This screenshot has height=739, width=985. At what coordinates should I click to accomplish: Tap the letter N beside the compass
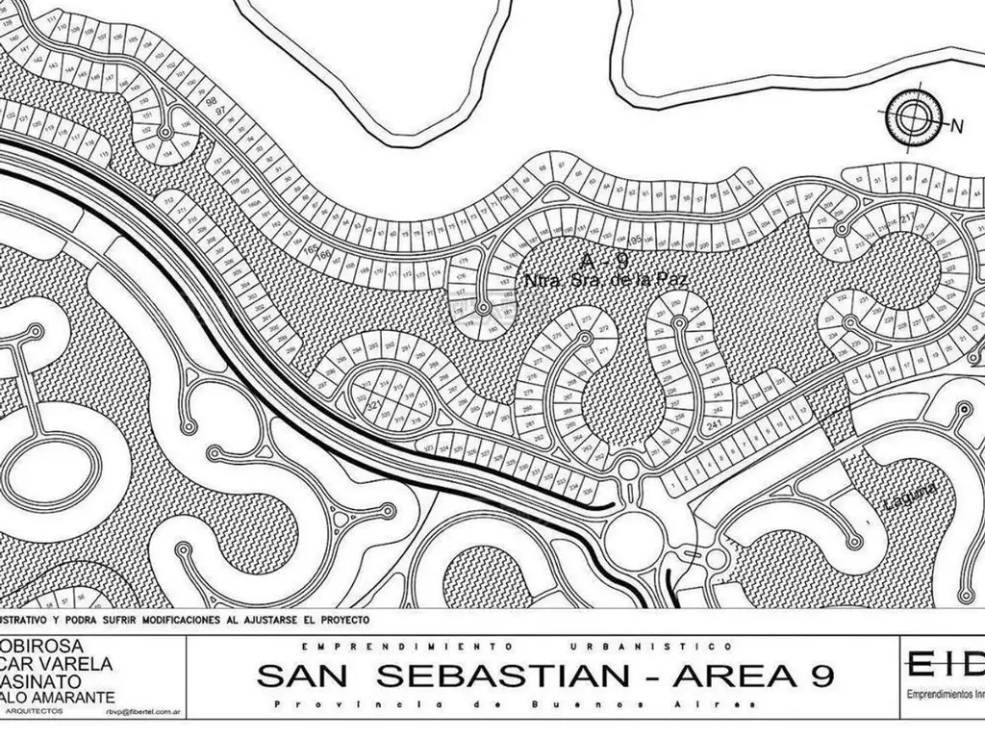[956, 126]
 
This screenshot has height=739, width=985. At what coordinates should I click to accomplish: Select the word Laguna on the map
[906, 497]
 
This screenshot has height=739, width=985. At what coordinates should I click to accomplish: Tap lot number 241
[713, 423]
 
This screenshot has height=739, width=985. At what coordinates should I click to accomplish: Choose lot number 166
[323, 256]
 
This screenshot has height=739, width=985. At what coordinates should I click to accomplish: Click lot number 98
[210, 101]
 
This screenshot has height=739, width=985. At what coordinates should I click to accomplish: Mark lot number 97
[221, 113]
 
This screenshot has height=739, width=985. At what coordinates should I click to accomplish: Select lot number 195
[636, 239]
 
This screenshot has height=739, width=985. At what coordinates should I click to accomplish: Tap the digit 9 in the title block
[810, 675]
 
